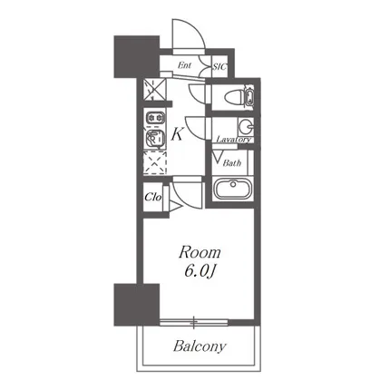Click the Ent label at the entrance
point(184,65)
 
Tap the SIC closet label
point(219,66)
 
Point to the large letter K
point(177,134)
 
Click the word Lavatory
point(233,140)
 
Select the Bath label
point(232,163)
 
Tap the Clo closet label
point(152,197)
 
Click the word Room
point(200,253)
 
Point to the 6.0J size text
point(200,272)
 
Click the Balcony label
point(200,346)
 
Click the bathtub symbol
point(233,188)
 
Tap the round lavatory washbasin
point(246,126)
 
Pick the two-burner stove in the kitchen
point(155,117)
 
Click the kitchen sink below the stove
point(155,139)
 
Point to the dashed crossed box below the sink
point(155,163)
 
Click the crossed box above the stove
point(155,90)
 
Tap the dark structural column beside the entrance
point(136,56)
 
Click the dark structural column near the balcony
point(136,305)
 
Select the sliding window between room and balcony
point(194,322)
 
